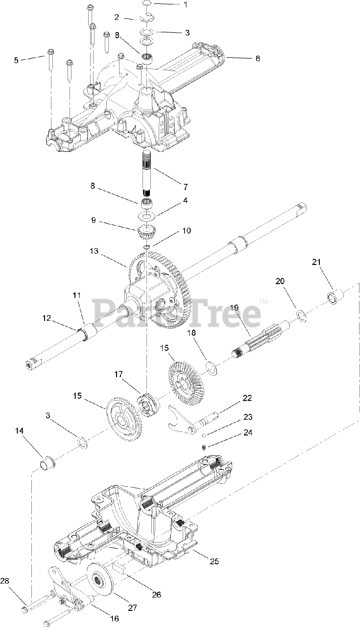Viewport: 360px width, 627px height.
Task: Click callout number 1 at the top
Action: (x=171, y=4)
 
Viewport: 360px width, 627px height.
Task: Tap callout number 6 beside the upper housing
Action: (x=258, y=58)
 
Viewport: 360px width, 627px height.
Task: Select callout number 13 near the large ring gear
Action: (x=94, y=251)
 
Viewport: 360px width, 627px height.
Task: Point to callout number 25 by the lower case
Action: (x=214, y=561)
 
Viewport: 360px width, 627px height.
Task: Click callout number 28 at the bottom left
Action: (x=4, y=580)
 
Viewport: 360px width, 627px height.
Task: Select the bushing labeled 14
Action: (x=48, y=462)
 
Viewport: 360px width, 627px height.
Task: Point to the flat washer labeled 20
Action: (x=301, y=315)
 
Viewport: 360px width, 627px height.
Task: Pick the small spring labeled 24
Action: (x=206, y=446)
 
